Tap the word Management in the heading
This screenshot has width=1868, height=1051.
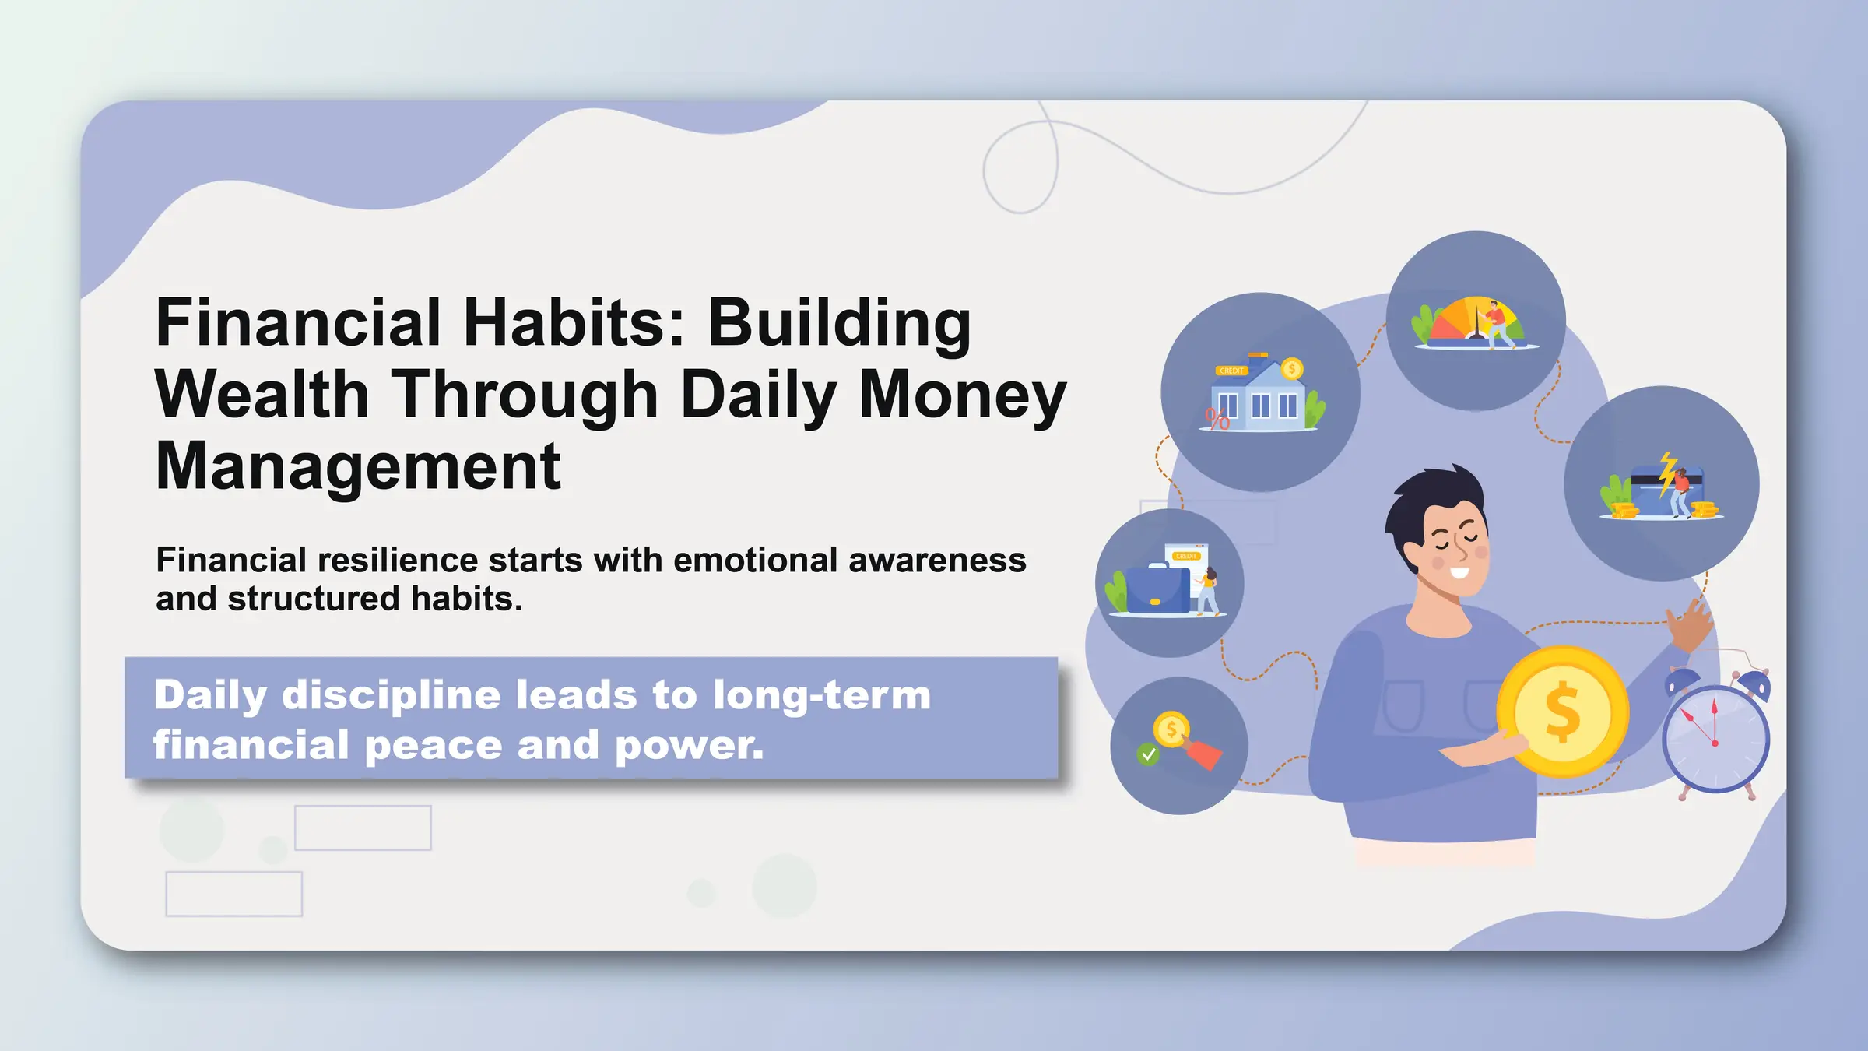(x=358, y=466)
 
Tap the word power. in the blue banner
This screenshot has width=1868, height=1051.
(x=689, y=746)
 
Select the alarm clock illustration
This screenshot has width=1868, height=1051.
(x=1715, y=736)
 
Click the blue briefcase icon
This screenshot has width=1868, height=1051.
(x=1157, y=590)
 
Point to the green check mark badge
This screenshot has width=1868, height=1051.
(x=1148, y=754)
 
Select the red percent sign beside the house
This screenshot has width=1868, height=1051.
(x=1217, y=420)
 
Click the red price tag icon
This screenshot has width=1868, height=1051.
(x=1204, y=754)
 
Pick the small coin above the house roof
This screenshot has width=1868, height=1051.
(x=1292, y=368)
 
